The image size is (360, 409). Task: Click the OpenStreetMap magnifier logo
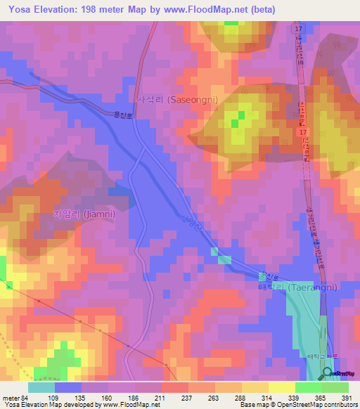(327, 374)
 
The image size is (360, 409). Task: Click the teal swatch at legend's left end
(41, 387)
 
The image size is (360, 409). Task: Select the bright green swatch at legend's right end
(335, 387)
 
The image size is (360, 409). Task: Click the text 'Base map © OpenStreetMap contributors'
(297, 405)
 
